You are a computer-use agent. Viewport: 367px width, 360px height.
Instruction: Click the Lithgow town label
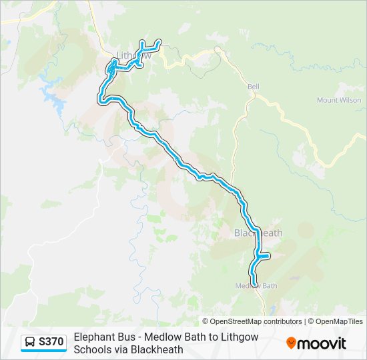(134, 56)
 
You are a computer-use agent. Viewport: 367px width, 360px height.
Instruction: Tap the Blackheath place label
(258, 233)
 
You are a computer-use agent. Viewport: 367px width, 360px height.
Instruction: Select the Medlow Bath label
(256, 286)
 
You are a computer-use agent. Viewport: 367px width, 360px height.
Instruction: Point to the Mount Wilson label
(339, 101)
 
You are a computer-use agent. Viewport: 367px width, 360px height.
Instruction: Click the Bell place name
(253, 87)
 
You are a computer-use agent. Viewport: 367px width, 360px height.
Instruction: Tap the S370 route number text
(51, 343)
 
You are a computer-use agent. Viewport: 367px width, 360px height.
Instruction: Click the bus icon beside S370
(30, 343)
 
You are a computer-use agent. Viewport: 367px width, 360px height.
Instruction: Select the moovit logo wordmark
(322, 343)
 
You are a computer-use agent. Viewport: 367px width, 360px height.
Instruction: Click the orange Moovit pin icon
(290, 343)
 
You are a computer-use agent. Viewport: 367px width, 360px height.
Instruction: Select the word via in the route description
(121, 349)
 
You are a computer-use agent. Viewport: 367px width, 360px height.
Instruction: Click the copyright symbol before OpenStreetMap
(206, 321)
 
